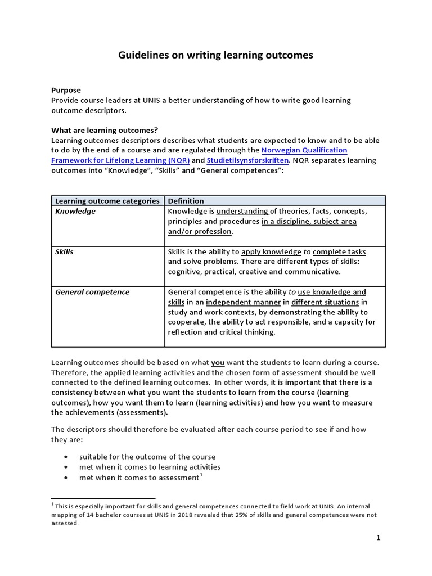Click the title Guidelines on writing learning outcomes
(215, 55)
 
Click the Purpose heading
(66, 90)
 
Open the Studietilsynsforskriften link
(250, 160)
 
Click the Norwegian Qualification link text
(304, 150)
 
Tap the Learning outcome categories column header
(107, 201)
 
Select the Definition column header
(186, 201)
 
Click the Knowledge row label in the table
(75, 211)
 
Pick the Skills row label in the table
(64, 252)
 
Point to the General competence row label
(92, 292)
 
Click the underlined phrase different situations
(325, 302)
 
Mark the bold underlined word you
(218, 363)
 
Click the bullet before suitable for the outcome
(67, 457)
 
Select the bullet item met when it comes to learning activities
(150, 467)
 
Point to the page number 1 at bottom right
(379, 538)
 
